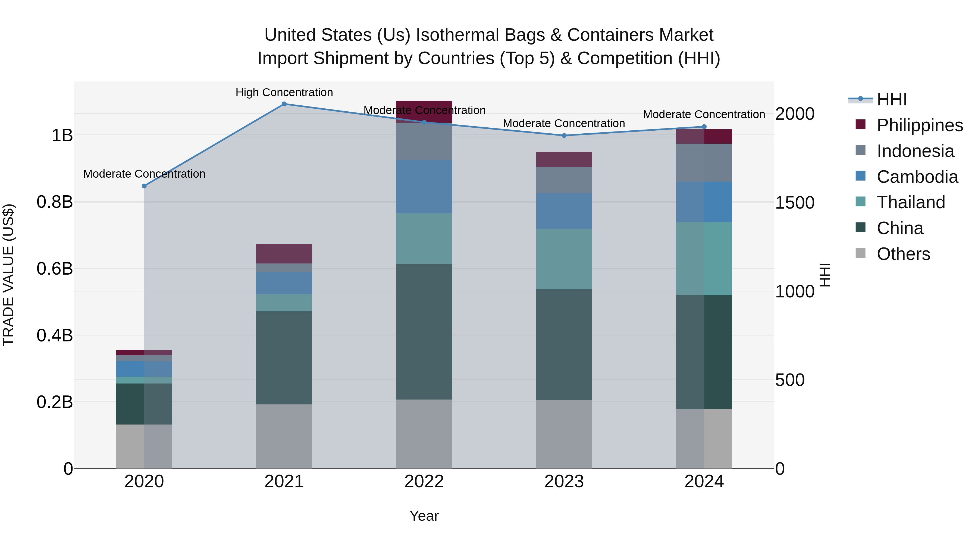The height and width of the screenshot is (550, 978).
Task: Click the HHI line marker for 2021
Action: tap(284, 104)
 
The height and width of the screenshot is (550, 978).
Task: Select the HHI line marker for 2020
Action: tap(144, 186)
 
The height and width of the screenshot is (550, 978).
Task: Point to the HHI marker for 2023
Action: tap(564, 136)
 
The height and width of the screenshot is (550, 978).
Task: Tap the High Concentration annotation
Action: tap(284, 92)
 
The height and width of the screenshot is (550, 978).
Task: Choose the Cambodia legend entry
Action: tap(917, 177)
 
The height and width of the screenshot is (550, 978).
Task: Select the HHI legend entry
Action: tap(891, 99)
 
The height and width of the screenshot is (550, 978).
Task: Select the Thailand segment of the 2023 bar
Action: tap(564, 259)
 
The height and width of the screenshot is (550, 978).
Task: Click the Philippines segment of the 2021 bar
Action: tap(284, 254)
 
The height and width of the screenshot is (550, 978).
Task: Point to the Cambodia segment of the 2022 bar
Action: tap(424, 186)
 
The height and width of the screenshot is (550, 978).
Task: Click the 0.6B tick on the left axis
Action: tap(55, 269)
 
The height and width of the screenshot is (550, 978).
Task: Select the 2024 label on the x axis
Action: tap(704, 482)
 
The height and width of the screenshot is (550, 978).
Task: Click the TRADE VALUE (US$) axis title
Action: tap(8, 275)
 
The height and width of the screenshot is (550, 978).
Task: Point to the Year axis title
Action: tap(424, 516)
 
